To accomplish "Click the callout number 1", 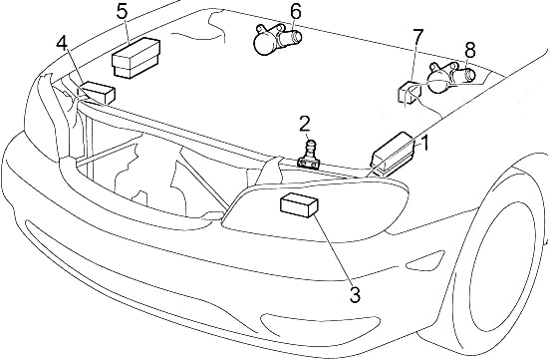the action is click(x=424, y=144).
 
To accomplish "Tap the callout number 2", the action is click(x=305, y=125).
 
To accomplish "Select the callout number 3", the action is click(x=355, y=295).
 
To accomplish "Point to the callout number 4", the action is click(x=62, y=44).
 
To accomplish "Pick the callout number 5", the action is click(x=123, y=12).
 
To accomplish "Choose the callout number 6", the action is click(x=295, y=12).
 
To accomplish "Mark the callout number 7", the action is click(x=418, y=37).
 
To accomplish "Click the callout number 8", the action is click(x=470, y=50).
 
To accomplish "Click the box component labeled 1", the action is click(x=393, y=154).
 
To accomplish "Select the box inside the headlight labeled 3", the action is click(x=299, y=205).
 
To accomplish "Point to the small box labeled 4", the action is click(x=98, y=93).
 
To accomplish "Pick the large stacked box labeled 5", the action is click(x=136, y=58).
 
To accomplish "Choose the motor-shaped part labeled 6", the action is click(x=276, y=39).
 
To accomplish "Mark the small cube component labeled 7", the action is click(x=410, y=93).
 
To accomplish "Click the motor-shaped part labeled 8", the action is click(x=450, y=78).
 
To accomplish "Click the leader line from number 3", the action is click(x=333, y=250).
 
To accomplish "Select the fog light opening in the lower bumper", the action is click(x=320, y=324).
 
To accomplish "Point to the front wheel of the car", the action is click(x=503, y=259).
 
